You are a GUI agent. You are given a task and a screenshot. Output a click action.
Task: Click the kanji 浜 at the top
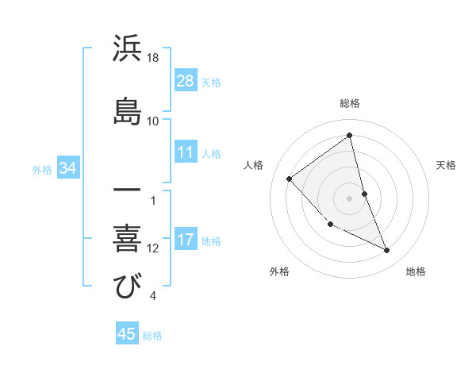(128, 49)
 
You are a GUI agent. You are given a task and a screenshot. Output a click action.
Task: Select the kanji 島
(128, 111)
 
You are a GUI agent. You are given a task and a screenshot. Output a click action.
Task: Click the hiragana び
(128, 286)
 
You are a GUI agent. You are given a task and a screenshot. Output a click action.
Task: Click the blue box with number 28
(186, 81)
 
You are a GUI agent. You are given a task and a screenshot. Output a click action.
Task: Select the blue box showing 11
(186, 153)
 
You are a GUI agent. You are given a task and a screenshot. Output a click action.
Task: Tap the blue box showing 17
(186, 240)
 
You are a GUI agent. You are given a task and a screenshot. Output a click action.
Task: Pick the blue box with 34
(68, 168)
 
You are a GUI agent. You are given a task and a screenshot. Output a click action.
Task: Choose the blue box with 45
(127, 334)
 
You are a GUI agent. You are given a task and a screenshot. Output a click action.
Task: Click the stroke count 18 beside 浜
(153, 59)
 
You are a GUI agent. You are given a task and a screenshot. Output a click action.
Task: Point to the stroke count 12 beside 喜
(153, 248)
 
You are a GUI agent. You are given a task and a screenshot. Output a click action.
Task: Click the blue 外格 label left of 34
(42, 169)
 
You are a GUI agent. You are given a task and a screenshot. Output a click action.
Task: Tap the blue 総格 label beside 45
(152, 336)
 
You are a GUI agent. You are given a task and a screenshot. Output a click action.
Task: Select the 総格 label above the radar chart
(350, 103)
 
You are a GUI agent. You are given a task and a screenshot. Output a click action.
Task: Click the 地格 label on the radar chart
(416, 271)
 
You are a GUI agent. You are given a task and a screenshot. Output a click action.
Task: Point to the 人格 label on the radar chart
(254, 165)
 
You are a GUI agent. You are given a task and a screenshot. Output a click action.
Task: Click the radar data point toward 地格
(387, 251)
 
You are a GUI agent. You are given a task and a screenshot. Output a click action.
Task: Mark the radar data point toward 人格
(290, 179)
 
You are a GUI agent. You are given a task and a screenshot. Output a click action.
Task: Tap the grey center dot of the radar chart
(350, 198)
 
